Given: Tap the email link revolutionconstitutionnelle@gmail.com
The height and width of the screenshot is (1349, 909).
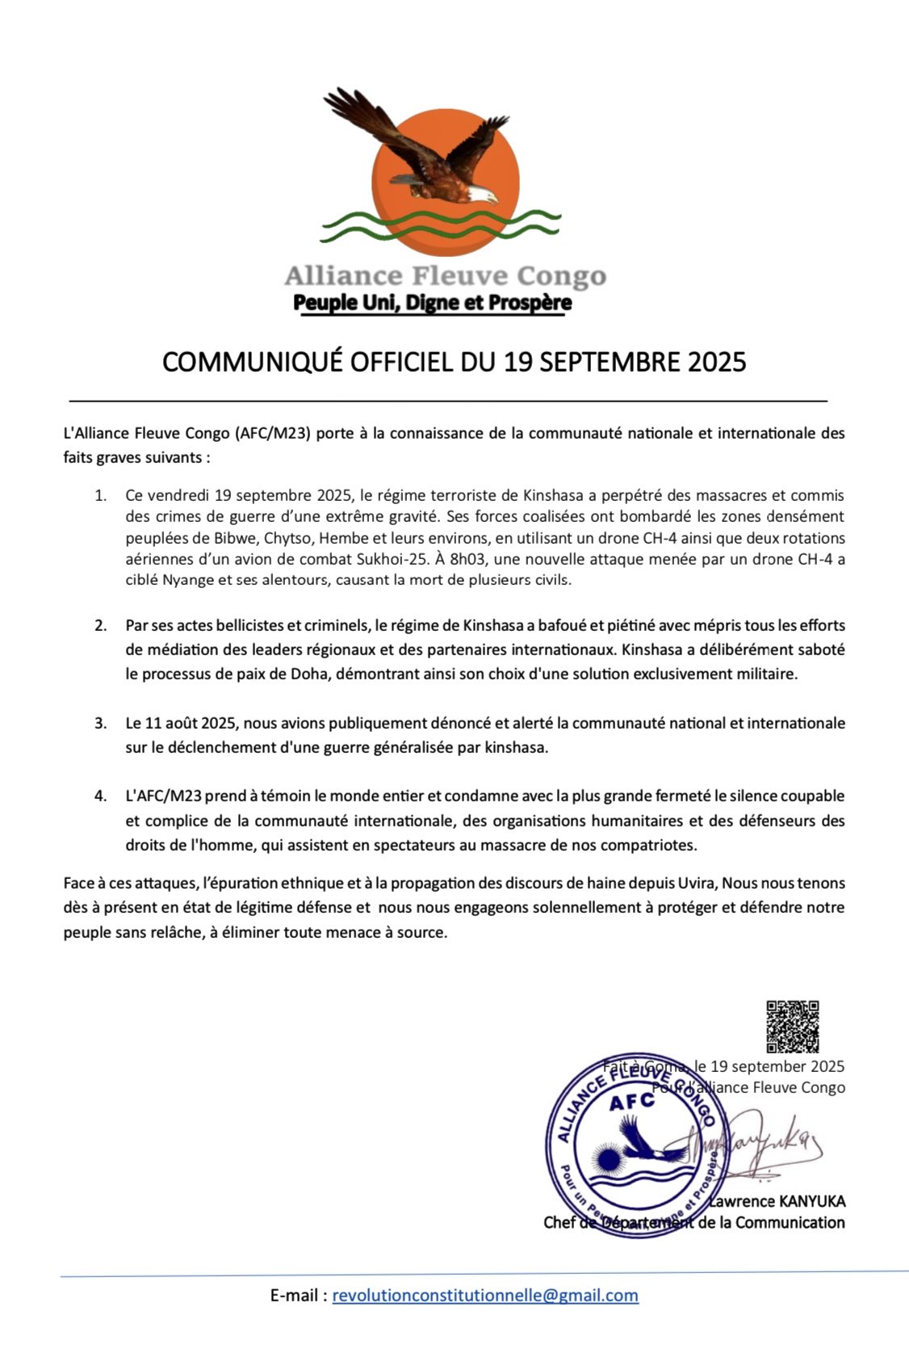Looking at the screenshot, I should click(x=485, y=1296).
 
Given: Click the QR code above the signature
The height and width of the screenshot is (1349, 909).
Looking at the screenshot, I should click(x=792, y=1027).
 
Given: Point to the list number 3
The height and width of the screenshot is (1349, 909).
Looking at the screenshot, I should click(x=100, y=723).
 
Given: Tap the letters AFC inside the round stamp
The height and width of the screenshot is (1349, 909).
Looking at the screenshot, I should click(x=632, y=1103).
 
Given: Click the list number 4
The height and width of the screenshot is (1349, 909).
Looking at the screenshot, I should click(x=100, y=796).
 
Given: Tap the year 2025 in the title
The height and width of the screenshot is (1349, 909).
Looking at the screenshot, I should click(x=716, y=361).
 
